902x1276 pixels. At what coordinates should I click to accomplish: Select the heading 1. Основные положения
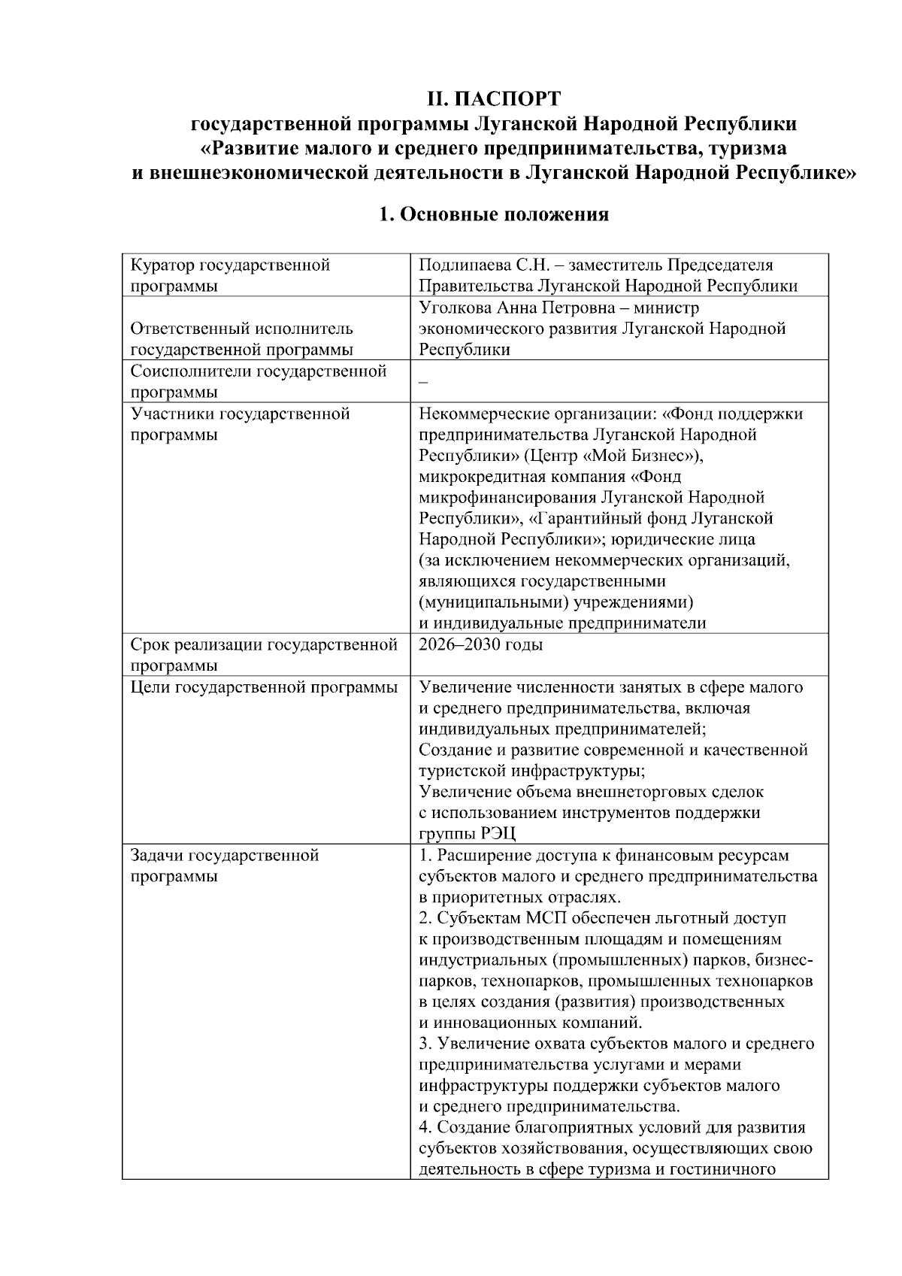click(x=493, y=216)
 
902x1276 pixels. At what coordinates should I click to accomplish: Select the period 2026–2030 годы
click(x=480, y=645)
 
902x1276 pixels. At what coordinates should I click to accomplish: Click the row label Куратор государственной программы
click(x=230, y=275)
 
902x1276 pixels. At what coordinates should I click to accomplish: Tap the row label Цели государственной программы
click(x=264, y=687)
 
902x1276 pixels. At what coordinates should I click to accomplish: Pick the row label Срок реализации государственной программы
click(x=263, y=655)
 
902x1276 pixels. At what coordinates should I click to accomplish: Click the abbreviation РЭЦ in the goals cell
click(x=497, y=834)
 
